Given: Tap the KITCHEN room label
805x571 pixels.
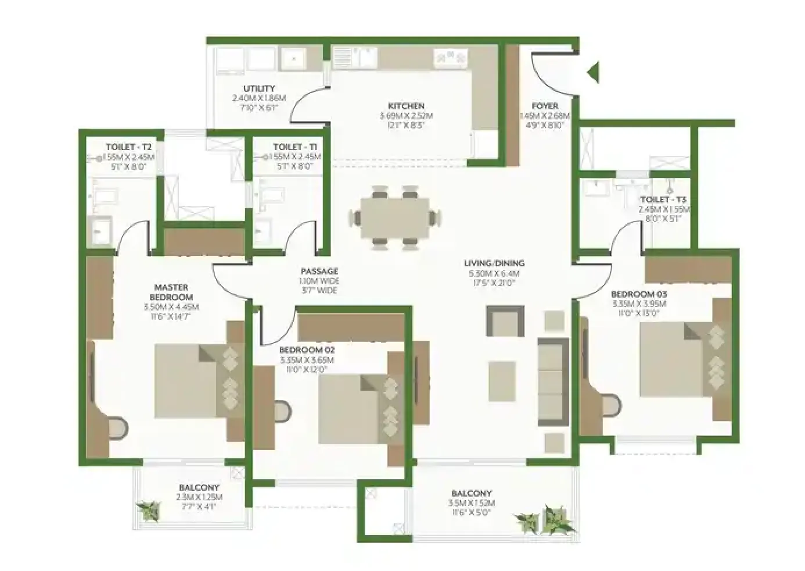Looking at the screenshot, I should tap(406, 106).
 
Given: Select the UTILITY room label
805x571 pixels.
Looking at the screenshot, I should tap(259, 89).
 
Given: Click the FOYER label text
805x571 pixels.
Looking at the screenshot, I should tap(545, 106).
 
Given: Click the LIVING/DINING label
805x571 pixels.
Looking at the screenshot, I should tap(494, 263).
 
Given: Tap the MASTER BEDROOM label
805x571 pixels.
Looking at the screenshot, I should tap(171, 292).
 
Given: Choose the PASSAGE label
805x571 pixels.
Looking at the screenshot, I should tap(319, 272).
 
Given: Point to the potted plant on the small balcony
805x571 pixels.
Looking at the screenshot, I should tap(149, 512).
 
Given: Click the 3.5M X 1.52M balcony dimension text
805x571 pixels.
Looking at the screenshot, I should tap(471, 503).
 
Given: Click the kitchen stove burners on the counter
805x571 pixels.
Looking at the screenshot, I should tap(450, 57).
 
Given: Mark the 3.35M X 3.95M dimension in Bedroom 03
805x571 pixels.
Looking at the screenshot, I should tap(638, 304).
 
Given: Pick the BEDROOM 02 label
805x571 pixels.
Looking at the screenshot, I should tap(307, 350).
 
